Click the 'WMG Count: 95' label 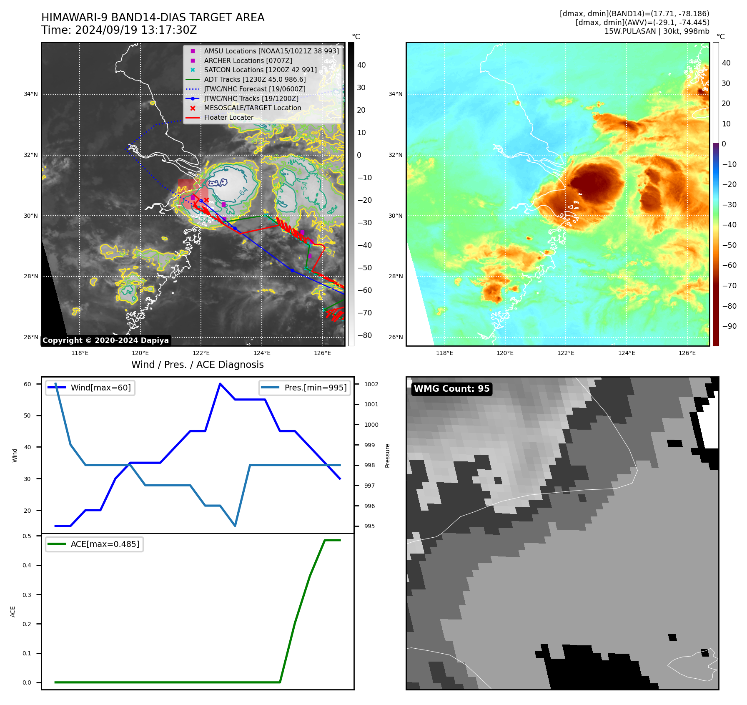(x=451, y=389)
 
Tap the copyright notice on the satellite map (x=105, y=340)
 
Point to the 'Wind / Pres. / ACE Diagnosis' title (x=197, y=365)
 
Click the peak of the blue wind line (x=220, y=384)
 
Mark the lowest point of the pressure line (x=235, y=526)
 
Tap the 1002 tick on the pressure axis (x=371, y=384)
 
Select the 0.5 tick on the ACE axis (x=27, y=536)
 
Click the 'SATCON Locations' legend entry (x=260, y=70)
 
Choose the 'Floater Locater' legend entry (x=228, y=118)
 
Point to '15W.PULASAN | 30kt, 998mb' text (x=657, y=31)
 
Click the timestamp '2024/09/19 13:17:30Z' (x=136, y=30)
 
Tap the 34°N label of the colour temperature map (x=395, y=94)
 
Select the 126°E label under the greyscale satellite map (x=322, y=353)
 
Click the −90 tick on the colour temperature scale (x=729, y=326)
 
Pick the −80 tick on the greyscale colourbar (x=365, y=335)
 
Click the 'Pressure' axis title (x=387, y=456)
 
